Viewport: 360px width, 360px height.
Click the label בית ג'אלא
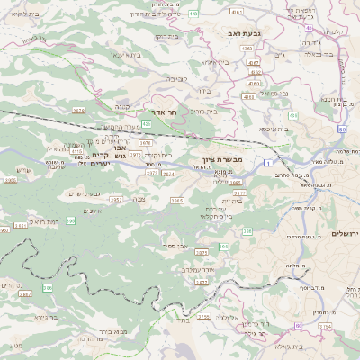pos(314,346)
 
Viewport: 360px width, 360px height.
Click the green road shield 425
pos(146,123)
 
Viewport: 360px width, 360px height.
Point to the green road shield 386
pos(247,231)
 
